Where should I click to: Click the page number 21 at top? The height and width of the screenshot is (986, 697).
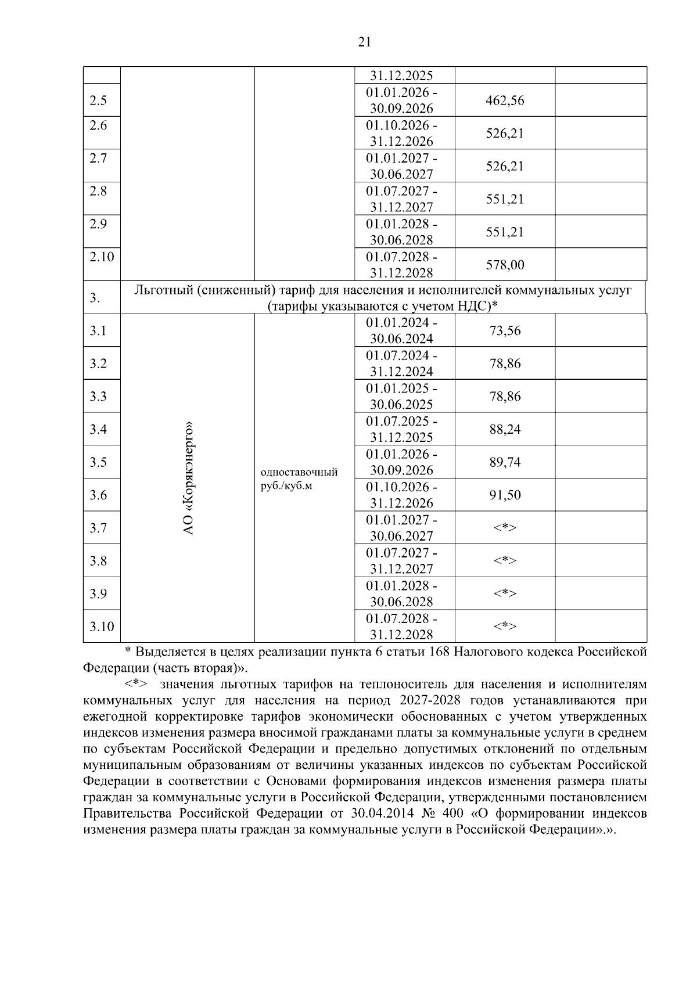(364, 42)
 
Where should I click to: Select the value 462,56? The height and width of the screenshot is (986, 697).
(505, 100)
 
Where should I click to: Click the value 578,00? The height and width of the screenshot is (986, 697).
(505, 265)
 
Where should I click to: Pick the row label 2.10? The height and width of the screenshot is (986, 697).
(102, 257)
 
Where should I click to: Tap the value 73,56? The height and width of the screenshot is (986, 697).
(505, 331)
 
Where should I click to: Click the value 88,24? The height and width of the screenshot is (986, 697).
(505, 430)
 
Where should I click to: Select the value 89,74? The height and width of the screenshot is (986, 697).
(505, 462)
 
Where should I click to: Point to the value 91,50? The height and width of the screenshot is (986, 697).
(505, 495)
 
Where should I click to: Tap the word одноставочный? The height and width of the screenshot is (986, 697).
(300, 472)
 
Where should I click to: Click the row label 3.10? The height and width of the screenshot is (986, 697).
(102, 627)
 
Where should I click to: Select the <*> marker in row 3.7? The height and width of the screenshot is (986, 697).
(505, 528)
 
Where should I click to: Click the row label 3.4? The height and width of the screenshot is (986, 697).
(98, 430)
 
